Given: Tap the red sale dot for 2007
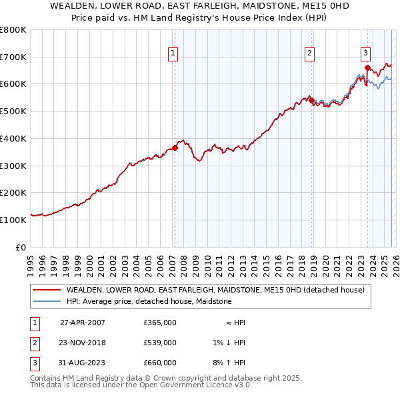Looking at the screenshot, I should point(175,148).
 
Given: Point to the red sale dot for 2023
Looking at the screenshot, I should point(367,67).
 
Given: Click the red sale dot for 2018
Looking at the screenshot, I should point(311,101).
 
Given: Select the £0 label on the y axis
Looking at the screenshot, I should point(20,246).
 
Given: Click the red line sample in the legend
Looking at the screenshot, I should point(46,290).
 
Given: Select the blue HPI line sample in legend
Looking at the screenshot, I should point(46,301).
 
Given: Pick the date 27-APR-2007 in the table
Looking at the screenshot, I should point(83,322).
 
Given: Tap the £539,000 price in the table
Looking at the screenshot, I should point(160,343).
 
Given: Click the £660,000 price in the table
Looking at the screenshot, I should point(160,363).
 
